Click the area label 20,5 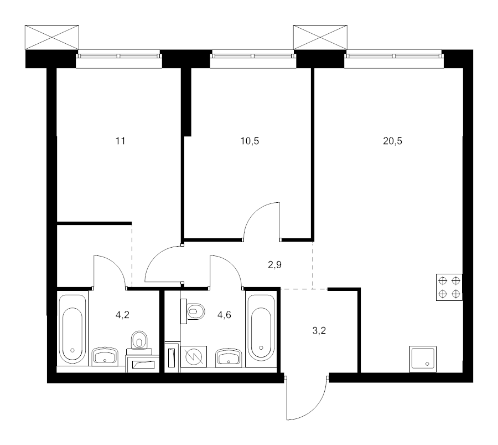[392, 141]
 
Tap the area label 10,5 [250, 141]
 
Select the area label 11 [121, 141]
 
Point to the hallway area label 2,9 [274, 265]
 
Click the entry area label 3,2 [319, 331]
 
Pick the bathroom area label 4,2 [123, 315]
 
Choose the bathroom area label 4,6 [224, 315]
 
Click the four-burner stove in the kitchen [449, 287]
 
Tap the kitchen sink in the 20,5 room [423, 359]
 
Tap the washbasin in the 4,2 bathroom [105, 356]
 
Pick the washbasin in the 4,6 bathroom [229, 357]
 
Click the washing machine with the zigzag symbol [194, 356]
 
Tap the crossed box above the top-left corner [52, 37]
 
